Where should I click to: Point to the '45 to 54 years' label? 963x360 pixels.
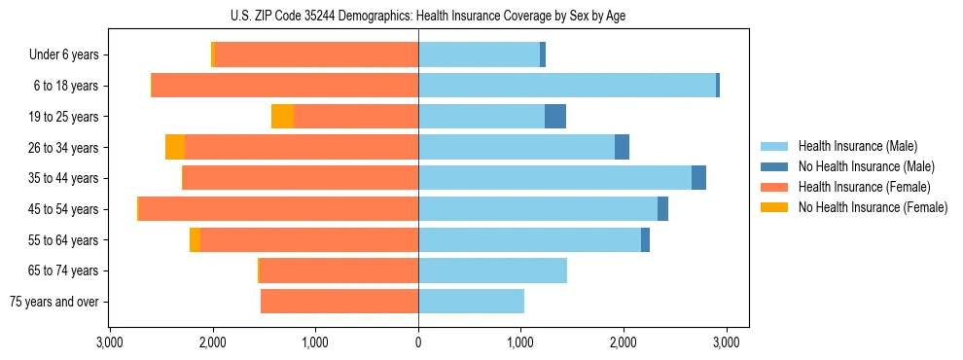(x=65, y=209)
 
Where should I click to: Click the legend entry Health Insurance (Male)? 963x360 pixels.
(x=856, y=146)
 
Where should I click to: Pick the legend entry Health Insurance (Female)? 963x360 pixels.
(x=863, y=187)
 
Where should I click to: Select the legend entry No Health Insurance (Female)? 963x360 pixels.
(x=873, y=207)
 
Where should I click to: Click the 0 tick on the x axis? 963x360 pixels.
(x=418, y=342)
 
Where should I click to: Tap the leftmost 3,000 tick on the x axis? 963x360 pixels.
(x=110, y=342)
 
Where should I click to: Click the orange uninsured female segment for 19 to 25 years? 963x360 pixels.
(x=282, y=117)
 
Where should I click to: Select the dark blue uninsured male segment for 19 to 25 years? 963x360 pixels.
(x=555, y=117)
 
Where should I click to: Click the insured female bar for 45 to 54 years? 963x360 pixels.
(x=278, y=209)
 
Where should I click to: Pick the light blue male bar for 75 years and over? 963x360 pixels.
(x=471, y=302)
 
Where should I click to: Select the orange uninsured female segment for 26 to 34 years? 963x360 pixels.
(x=175, y=147)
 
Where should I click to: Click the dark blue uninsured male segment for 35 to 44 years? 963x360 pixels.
(x=698, y=178)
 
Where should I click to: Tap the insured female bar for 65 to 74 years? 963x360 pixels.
(x=339, y=270)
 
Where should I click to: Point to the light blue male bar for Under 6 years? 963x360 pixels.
(x=479, y=55)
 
